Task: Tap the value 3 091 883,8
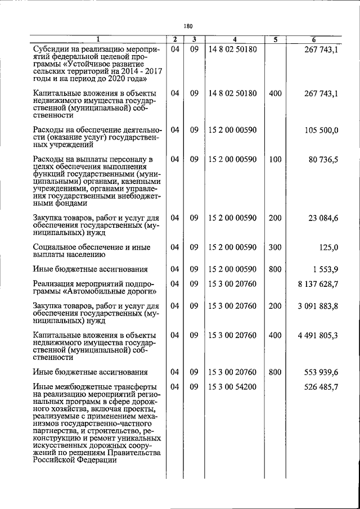point(318,306)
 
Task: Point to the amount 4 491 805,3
point(318,335)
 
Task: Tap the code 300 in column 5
point(274,247)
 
